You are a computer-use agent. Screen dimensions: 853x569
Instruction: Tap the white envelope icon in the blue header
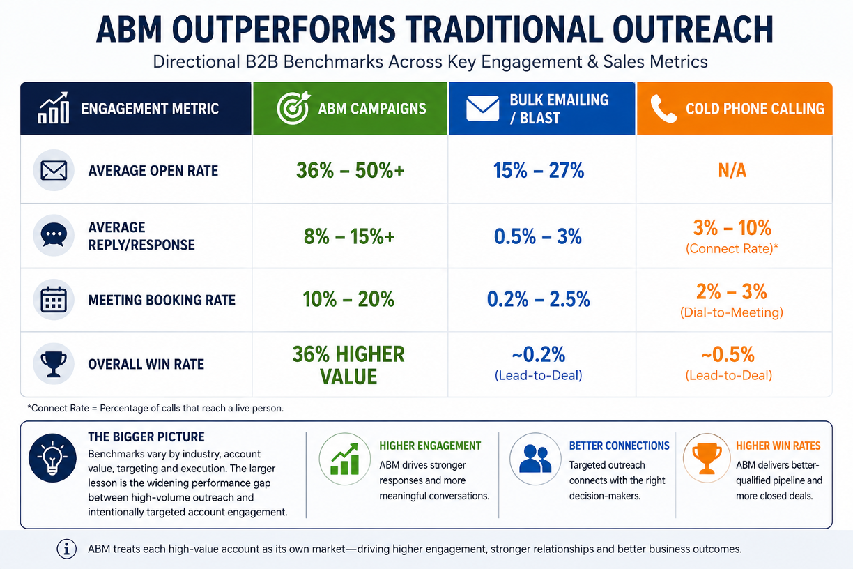coord(482,109)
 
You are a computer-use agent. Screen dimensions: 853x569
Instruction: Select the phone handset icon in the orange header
coord(663,109)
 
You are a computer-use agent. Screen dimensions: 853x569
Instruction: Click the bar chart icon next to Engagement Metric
coord(53,108)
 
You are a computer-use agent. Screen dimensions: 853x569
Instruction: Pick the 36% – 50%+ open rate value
coord(350,170)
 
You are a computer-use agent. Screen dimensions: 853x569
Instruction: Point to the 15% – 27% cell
coord(539,170)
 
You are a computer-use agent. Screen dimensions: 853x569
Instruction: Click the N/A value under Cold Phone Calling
coord(732,170)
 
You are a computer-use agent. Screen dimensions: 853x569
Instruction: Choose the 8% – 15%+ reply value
coord(349,236)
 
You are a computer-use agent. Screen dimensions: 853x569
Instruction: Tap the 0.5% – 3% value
coord(538,236)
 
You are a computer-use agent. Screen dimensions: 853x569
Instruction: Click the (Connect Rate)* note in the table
coord(732,248)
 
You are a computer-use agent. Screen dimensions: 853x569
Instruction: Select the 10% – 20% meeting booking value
coord(348,299)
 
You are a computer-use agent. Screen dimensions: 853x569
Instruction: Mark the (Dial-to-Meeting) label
coord(732,312)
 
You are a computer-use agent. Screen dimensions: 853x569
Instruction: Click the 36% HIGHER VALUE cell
coord(348,365)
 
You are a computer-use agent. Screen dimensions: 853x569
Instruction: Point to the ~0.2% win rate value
coord(539,354)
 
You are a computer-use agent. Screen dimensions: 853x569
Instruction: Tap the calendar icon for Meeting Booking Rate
coord(53,300)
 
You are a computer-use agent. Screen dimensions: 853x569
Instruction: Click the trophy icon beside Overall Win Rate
coord(53,364)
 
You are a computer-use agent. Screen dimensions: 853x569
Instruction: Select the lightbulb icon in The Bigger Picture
coord(52,457)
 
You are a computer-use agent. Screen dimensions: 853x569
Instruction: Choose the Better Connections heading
coord(619,446)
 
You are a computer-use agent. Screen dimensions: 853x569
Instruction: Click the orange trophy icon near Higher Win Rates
coord(707,458)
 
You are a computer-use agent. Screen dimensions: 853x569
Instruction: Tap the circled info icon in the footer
coord(67,549)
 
